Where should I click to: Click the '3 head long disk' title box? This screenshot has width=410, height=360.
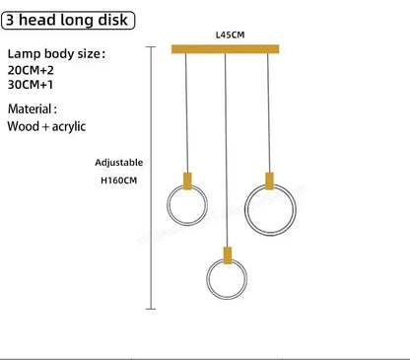pos(68,21)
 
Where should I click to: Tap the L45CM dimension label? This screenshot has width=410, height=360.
pos(230,35)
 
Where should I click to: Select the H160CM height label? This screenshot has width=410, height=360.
pos(118,180)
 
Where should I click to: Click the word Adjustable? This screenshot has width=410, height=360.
pos(119,163)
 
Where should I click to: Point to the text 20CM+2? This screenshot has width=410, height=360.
pos(31,70)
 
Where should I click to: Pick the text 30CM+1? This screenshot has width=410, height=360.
pos(31,85)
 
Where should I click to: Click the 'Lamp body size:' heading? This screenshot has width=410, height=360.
pos(56,54)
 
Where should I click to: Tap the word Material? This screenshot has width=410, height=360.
pos(30,108)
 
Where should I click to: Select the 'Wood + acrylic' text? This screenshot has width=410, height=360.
pos(46,126)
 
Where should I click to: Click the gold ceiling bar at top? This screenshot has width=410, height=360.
pos(226,49)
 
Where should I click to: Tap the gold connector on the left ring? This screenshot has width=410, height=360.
pos(187,180)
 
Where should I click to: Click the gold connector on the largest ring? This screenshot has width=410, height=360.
pos(269,180)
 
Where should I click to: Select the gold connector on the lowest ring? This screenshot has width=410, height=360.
pos(228,255)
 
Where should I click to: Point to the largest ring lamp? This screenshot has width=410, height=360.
pos(245,210)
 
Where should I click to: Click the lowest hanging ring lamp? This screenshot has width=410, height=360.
pos(207,279)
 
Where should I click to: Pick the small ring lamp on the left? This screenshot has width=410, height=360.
pos(168,205)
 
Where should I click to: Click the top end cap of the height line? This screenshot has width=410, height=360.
pos(151,47)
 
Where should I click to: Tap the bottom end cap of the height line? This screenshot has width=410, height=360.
pos(151,309)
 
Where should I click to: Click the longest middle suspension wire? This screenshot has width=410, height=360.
pos(226,150)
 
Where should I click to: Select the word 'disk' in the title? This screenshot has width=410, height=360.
pos(113,21)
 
